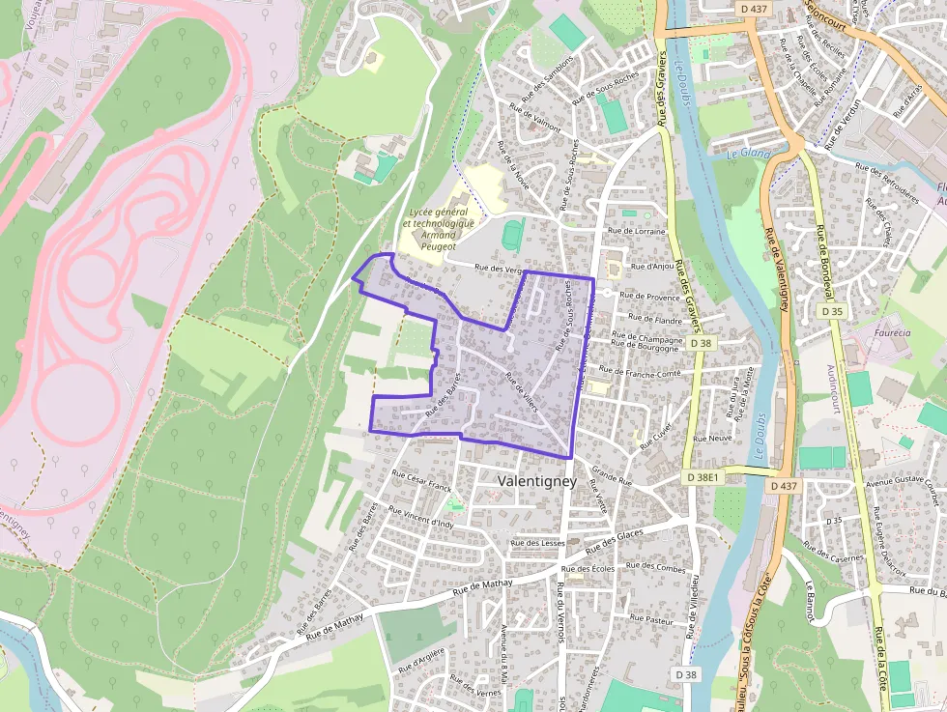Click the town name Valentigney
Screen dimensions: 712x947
[x=536, y=480]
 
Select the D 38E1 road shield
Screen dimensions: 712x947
[x=702, y=477]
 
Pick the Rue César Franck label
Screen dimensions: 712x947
[x=421, y=480]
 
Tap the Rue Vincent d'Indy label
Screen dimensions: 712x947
[x=419, y=516]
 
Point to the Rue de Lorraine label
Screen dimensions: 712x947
[x=638, y=232]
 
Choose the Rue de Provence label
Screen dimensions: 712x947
[x=649, y=298]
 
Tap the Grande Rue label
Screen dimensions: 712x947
[x=611, y=474]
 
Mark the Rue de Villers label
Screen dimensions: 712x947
[x=521, y=397]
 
